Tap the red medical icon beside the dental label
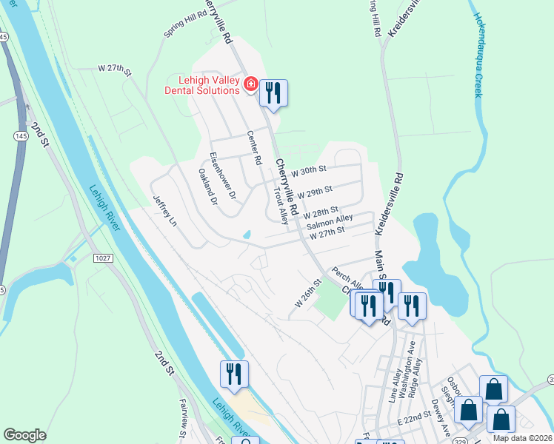tap(251, 86)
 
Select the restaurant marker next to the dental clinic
tap(273, 94)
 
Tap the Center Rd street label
tap(254, 147)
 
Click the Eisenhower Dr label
tap(222, 175)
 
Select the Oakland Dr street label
tap(207, 186)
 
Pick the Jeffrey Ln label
tap(165, 210)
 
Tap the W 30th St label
tap(309, 171)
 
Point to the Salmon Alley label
tap(330, 221)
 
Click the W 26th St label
tap(310, 293)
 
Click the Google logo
tap(24, 435)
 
